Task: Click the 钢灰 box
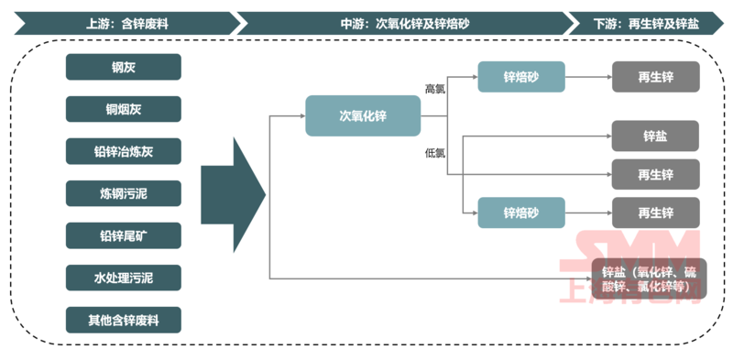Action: pyautogui.click(x=123, y=66)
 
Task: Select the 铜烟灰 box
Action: pyautogui.click(x=123, y=109)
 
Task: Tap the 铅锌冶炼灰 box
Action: pyautogui.click(x=123, y=151)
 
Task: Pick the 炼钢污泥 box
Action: pyautogui.click(x=123, y=193)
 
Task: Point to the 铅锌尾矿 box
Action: pyautogui.click(x=123, y=235)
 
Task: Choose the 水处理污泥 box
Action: pyautogui.click(x=123, y=278)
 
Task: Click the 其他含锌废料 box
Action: pyautogui.click(x=123, y=320)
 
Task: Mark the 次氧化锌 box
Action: pyautogui.click(x=363, y=116)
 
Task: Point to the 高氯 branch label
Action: pyautogui.click(x=434, y=89)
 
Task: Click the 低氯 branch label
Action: pyautogui.click(x=434, y=152)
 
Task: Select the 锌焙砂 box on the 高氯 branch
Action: pyautogui.click(x=520, y=77)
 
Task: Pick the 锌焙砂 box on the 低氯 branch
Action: pyautogui.click(x=520, y=213)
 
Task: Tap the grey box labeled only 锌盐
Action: pyautogui.click(x=655, y=136)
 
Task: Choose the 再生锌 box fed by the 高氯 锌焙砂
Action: pyautogui.click(x=655, y=77)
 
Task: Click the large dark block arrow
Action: pyautogui.click(x=233, y=194)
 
